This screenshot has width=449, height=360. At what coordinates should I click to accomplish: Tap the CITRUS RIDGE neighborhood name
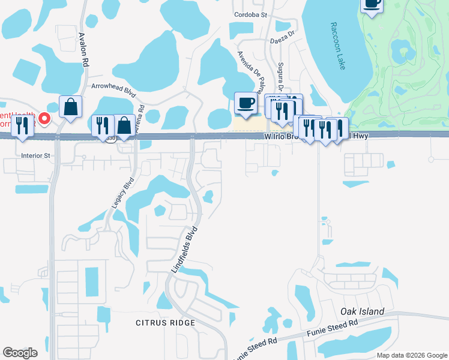[165, 323]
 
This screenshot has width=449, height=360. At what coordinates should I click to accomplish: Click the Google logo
[19, 353]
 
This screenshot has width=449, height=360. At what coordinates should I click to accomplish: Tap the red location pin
[45, 117]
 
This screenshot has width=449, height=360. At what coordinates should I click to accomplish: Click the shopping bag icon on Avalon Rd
[71, 107]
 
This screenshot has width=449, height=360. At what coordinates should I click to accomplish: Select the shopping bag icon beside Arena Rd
[124, 125]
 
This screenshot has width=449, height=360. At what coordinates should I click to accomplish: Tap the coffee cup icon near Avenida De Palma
[245, 103]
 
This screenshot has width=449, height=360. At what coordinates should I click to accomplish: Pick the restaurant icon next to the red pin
[22, 126]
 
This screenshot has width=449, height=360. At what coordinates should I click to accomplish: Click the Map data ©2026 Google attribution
[411, 355]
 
